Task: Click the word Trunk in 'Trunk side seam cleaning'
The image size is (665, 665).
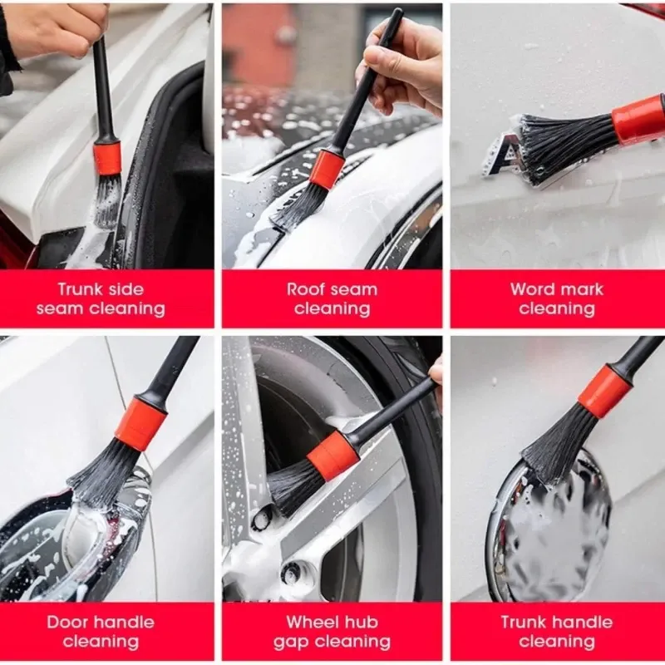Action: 78,289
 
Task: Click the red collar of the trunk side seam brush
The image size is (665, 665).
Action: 107,158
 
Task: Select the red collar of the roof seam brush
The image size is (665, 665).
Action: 327,170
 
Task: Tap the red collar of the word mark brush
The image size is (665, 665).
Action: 638,119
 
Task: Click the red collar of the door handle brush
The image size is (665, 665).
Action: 140,424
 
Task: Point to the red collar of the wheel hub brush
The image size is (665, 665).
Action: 333,456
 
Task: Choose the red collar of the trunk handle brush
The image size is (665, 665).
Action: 605,392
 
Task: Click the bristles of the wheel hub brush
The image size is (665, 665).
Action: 295,487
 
